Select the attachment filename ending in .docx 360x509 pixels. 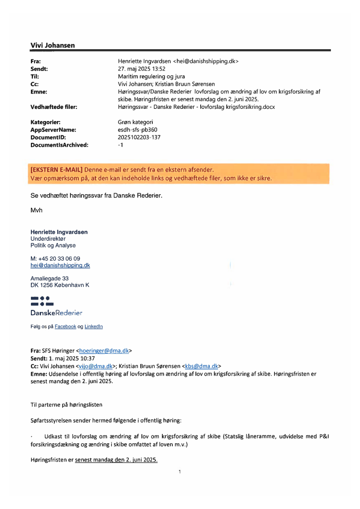pos(196,107)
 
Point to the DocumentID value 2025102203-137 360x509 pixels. pos(139,137)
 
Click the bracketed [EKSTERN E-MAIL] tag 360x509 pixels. pos(56,169)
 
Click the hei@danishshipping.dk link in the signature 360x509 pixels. pos(60,265)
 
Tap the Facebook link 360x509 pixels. pos(65,327)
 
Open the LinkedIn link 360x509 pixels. pos(94,327)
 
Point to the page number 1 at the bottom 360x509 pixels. pos(180,471)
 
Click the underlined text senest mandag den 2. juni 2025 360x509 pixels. pos(116,460)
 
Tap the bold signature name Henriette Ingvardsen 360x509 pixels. pos(59,232)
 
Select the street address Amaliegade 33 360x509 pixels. pos(49,278)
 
